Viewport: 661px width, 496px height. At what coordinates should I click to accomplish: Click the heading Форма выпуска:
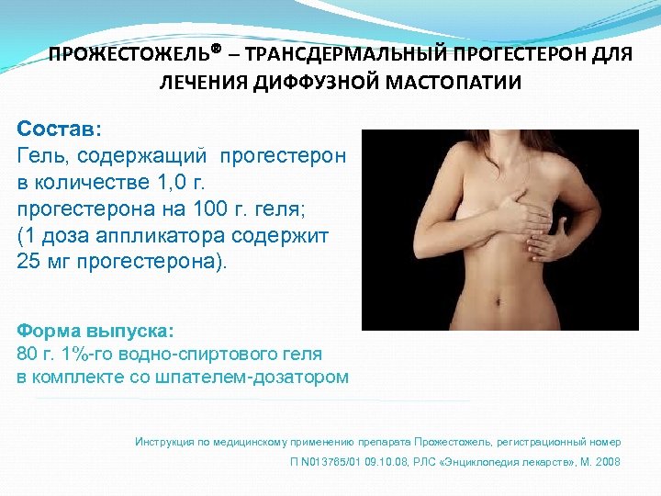[95, 330]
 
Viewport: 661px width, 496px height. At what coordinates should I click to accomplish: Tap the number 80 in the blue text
[28, 354]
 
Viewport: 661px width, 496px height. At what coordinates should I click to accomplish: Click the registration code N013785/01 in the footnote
[326, 462]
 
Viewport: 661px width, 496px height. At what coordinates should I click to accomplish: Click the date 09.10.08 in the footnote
[384, 462]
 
